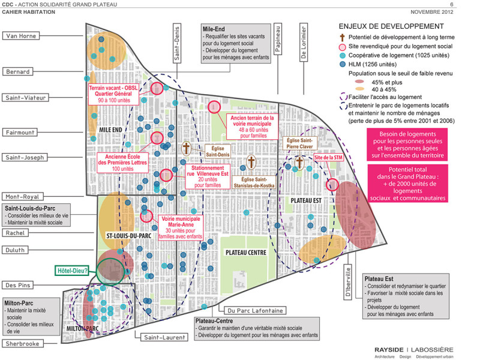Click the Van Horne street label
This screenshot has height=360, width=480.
point(21,36)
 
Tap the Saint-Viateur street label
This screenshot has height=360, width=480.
point(25,98)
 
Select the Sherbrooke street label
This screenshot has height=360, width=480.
point(22,343)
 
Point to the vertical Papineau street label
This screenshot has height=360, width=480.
point(278,39)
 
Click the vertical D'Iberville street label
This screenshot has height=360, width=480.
point(347,281)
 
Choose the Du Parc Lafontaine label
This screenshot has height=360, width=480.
point(255,310)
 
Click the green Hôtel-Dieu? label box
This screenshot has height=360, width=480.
point(72,271)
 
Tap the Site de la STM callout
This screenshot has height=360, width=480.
point(328,158)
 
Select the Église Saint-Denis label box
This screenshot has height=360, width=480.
point(217,152)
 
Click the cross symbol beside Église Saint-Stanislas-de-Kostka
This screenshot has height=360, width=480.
point(251,162)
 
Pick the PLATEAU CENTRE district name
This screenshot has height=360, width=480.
point(246,253)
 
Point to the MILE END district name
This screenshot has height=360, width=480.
point(110,130)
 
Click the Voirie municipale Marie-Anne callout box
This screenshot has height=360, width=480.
point(181,227)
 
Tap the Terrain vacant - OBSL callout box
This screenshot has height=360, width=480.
point(113,94)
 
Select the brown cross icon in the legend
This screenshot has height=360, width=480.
point(342,37)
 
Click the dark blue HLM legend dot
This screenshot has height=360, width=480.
point(343,64)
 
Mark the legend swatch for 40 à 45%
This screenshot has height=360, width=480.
point(359,89)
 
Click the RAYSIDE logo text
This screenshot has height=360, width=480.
point(389,350)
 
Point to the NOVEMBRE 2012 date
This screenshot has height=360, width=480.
point(431,12)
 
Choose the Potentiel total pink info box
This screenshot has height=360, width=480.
point(407,184)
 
